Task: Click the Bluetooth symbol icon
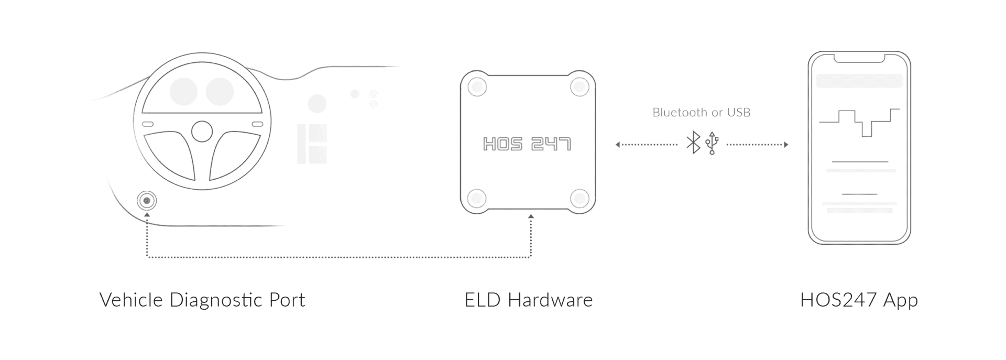pyautogui.click(x=693, y=143)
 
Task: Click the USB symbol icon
pyautogui.click(x=712, y=143)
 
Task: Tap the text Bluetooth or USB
pyautogui.click(x=701, y=112)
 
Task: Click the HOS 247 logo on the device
pyautogui.click(x=527, y=144)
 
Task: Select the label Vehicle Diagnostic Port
pyautogui.click(x=202, y=300)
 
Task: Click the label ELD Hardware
pyautogui.click(x=528, y=300)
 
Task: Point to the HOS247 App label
pyautogui.click(x=859, y=300)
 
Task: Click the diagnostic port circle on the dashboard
pyautogui.click(x=147, y=201)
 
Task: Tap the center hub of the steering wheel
pyautogui.click(x=202, y=132)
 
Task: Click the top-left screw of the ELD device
pyautogui.click(x=477, y=86)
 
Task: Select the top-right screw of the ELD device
pyautogui.click(x=579, y=86)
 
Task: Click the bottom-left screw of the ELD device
pyautogui.click(x=477, y=198)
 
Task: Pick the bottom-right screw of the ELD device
pyautogui.click(x=579, y=198)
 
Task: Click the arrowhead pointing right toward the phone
pyautogui.click(x=786, y=145)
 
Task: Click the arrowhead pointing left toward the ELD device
pyautogui.click(x=618, y=145)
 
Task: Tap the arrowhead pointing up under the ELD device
pyautogui.click(x=531, y=216)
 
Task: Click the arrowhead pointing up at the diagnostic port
pyautogui.click(x=147, y=215)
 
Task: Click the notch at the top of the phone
pyautogui.click(x=859, y=58)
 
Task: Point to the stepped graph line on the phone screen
pyautogui.click(x=859, y=123)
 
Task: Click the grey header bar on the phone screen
pyautogui.click(x=859, y=81)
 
